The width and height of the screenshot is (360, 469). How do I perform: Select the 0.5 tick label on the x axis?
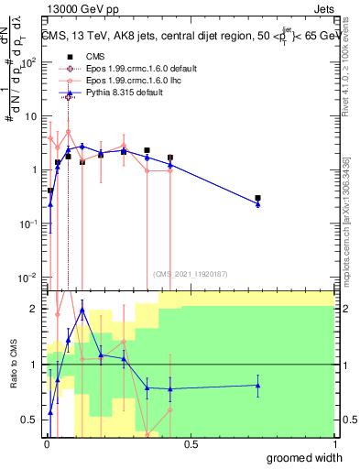click(x=191, y=444)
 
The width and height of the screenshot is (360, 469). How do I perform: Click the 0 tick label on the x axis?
click(x=45, y=444)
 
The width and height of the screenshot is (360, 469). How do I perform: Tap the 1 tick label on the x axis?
click(x=334, y=444)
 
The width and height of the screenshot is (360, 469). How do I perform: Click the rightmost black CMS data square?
click(x=258, y=198)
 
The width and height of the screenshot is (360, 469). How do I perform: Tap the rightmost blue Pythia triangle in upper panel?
click(x=258, y=204)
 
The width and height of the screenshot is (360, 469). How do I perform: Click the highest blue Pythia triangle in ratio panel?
click(x=82, y=310)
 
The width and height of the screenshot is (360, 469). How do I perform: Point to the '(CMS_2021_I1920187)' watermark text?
click(x=190, y=273)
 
